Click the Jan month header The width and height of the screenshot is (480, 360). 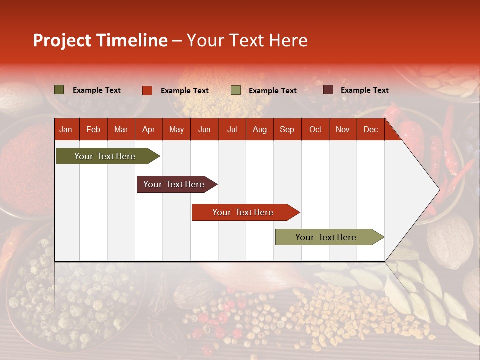tap(66, 129)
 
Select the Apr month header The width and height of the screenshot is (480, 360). tap(148, 129)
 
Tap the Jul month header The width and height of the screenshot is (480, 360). tap(232, 129)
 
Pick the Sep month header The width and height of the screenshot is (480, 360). tap(287, 129)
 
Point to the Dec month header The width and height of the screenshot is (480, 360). tap(370, 129)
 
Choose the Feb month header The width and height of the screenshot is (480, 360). tap(93, 129)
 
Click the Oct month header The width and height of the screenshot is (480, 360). tap(315, 129)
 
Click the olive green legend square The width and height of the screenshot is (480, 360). tap(59, 90)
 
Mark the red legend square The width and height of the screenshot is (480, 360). tap(147, 90)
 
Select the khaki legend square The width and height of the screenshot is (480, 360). tap(236, 90)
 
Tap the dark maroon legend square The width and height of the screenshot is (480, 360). tap(328, 90)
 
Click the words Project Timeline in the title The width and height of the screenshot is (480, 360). tap(100, 40)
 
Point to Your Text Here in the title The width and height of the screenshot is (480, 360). tap(247, 40)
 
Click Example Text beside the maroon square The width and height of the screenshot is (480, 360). tap(364, 90)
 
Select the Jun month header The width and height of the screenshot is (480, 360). tap(204, 129)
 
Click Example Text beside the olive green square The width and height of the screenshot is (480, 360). tap(96, 90)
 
